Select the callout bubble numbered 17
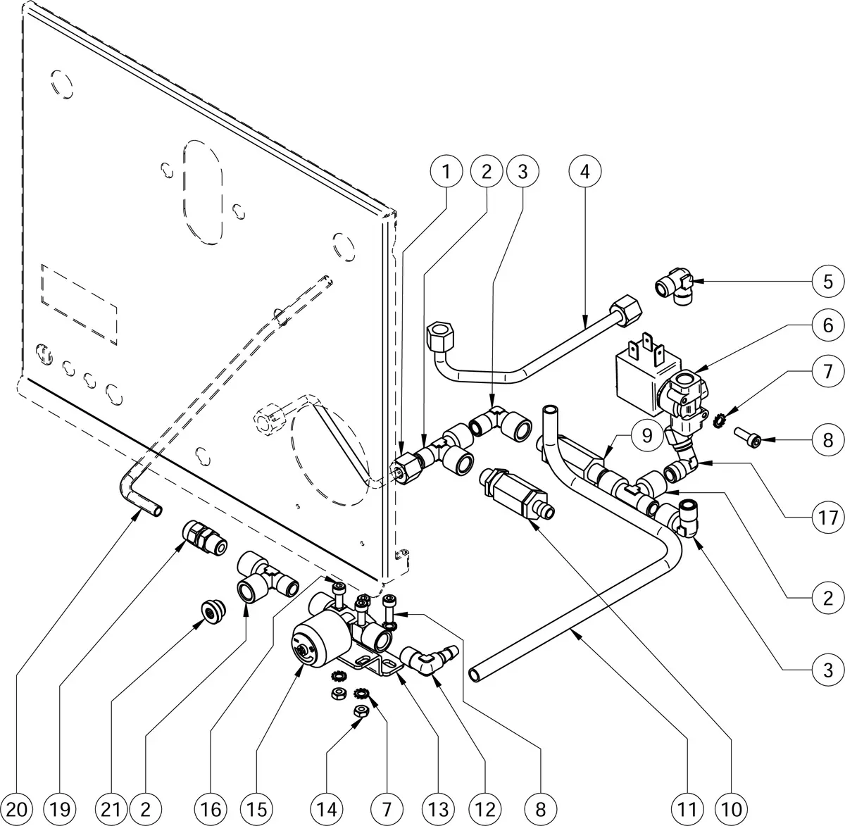tap(827, 518)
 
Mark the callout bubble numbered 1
tap(447, 172)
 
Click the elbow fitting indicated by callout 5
tap(676, 289)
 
